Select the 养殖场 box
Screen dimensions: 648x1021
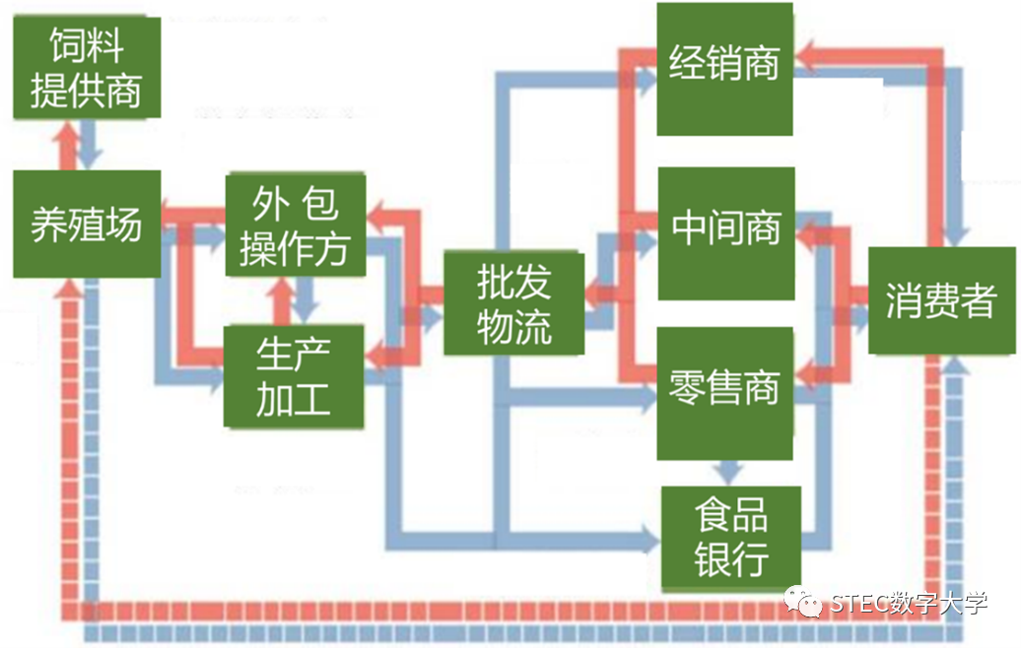pos(86,225)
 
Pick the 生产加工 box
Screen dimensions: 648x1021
pos(294,376)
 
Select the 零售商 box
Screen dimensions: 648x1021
pos(724,388)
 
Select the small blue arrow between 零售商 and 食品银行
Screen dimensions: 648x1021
pos(730,473)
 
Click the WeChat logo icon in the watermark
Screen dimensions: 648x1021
pos(805,602)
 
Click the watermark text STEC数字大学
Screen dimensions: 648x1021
pos(908,602)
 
